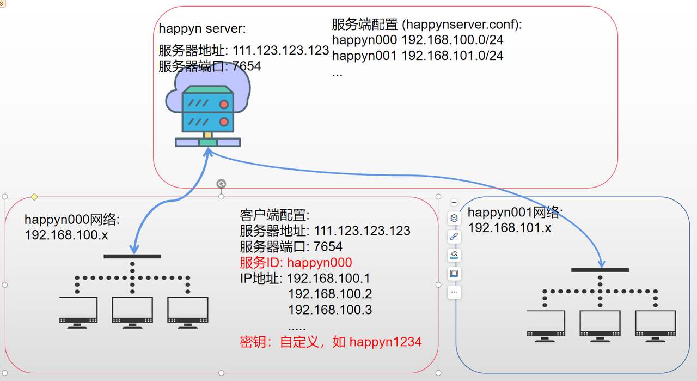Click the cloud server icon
(x=207, y=112)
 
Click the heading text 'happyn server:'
(x=202, y=29)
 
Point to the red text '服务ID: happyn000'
(x=296, y=263)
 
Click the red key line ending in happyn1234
(x=331, y=342)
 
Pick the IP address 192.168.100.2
(x=330, y=294)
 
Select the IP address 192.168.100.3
(x=330, y=310)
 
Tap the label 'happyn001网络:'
(x=515, y=213)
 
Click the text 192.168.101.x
(x=510, y=228)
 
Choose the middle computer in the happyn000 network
(x=132, y=312)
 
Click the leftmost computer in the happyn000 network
(x=78, y=312)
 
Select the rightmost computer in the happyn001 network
(x=655, y=326)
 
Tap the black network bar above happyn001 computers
(x=600, y=270)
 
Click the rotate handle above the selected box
(x=221, y=184)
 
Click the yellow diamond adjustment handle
(x=34, y=197)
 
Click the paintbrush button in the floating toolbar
(x=454, y=237)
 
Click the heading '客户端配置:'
(x=274, y=215)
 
